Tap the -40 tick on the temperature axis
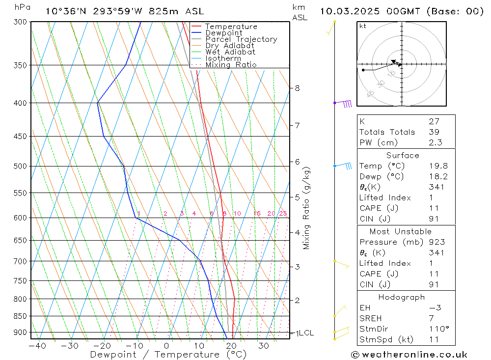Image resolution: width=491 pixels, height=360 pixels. point(37,346)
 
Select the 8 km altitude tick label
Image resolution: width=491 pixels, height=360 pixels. point(297,88)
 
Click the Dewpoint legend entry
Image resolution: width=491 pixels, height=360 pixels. point(223,33)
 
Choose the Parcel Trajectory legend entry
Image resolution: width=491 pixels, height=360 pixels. point(241,39)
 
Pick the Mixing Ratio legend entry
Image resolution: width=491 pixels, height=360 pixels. point(231,64)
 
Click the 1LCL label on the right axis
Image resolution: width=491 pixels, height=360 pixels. point(304,333)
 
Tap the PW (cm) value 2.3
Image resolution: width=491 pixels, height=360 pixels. point(435,142)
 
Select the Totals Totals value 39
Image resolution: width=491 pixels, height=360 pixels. point(434,132)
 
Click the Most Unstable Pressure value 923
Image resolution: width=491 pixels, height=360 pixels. point(436,242)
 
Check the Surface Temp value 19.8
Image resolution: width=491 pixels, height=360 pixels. point(437,166)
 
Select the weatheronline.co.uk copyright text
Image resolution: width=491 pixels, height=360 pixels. point(409,355)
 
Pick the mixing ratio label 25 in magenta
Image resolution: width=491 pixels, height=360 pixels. point(283,214)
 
